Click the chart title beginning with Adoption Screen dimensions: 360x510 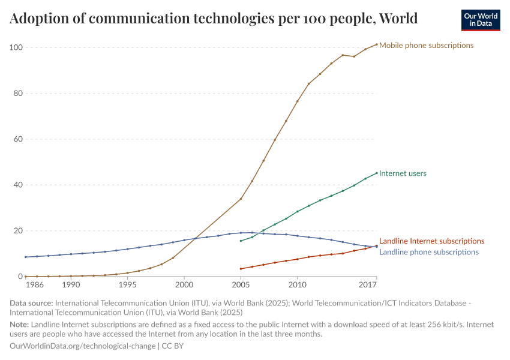click(x=214, y=19)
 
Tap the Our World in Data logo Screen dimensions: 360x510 click(x=480, y=20)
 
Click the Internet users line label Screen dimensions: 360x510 click(x=403, y=173)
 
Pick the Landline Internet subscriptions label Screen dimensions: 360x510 click(x=431, y=241)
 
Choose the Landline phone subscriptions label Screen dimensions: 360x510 click(x=429, y=252)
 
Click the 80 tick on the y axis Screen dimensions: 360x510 click(x=17, y=94)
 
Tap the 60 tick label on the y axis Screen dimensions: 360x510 click(x=17, y=139)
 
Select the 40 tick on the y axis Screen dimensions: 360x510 click(x=17, y=185)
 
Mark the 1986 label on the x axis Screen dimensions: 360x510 click(x=34, y=284)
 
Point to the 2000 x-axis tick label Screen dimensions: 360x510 click(x=184, y=284)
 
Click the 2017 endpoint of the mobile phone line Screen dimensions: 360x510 click(x=376, y=44)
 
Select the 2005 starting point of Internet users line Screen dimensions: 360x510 click(x=241, y=241)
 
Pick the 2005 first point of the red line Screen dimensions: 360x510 click(x=241, y=269)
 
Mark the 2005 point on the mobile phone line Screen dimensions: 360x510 click(x=241, y=199)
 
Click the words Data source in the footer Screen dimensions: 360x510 click(x=31, y=304)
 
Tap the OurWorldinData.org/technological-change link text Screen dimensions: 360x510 click(x=82, y=346)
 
